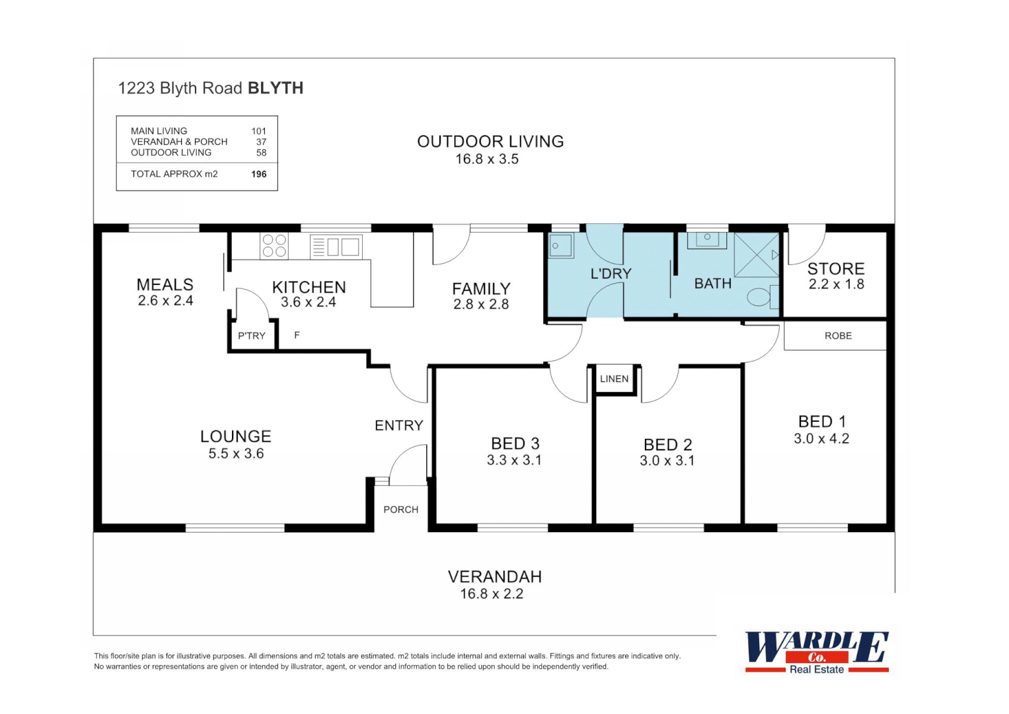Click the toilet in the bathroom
coord(761,297)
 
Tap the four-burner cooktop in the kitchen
coord(274,246)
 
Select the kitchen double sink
coord(336,247)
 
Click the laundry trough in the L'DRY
coord(561,246)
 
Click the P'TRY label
coord(252,336)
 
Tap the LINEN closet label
coord(614,379)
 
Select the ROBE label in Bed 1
coord(838,336)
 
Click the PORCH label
coord(400,510)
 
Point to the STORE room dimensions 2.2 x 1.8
coord(836,284)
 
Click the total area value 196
coord(259,175)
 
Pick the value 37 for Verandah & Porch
coord(261,142)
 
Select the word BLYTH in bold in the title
coord(275,88)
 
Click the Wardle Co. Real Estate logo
coord(817,652)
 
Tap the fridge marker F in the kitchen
coord(297,335)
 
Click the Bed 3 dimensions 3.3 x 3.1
coord(514,460)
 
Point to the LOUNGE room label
coord(236,436)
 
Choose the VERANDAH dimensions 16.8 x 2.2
coord(492,594)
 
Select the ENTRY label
coord(398,426)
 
